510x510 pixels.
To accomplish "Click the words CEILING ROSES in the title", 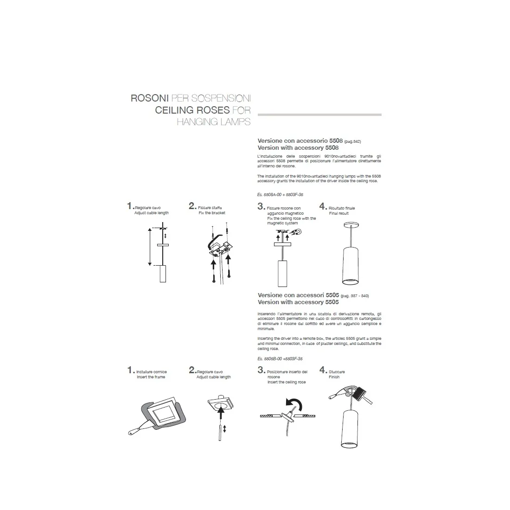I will coord(192,110).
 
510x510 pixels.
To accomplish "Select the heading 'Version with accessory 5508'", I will coord(298,147).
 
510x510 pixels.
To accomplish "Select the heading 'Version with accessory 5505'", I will coord(298,302).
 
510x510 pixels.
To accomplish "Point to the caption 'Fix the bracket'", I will coord(212,213).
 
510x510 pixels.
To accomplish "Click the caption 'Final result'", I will coord(338,213).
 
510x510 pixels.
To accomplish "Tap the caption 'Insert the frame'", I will coord(151,377).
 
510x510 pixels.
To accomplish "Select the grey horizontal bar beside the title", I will coord(319,115).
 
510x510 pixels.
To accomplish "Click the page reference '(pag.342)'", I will coord(352,141).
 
